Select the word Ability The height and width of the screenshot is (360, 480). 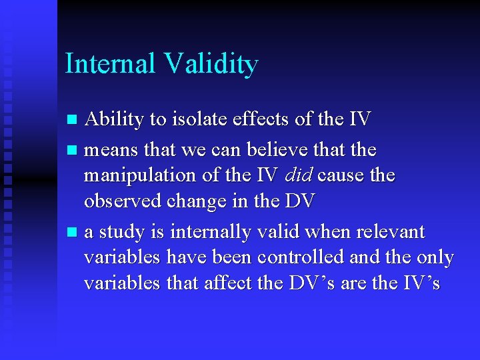pyautogui.click(x=114, y=120)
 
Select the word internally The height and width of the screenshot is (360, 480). pyautogui.click(x=209, y=233)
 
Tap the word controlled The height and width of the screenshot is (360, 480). pyautogui.click(x=296, y=257)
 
